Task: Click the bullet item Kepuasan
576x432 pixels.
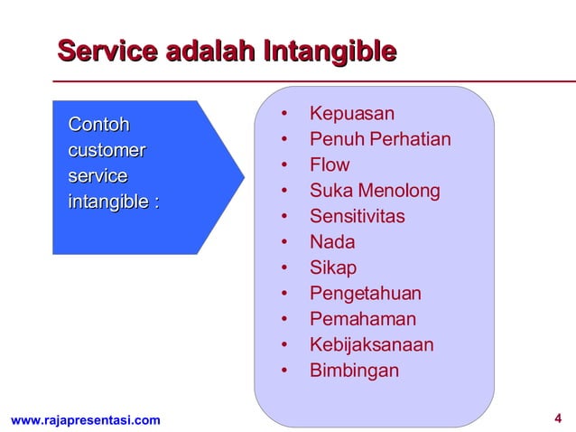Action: click(x=352, y=114)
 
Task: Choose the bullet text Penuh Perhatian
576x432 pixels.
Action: click(x=380, y=140)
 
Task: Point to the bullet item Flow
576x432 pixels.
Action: click(x=330, y=165)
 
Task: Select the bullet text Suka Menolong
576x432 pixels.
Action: click(x=375, y=191)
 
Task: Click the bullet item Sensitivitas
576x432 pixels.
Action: click(x=358, y=217)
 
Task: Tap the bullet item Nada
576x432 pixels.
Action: click(x=332, y=242)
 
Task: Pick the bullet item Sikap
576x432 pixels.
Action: click(x=333, y=268)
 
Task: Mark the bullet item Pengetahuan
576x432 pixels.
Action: click(x=366, y=294)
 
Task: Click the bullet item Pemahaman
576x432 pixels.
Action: click(x=363, y=319)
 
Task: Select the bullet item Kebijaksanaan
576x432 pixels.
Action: click(x=371, y=345)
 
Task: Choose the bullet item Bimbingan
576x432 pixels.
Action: click(x=354, y=371)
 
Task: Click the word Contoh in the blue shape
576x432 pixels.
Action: click(x=99, y=125)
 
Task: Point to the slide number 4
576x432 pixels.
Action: click(x=557, y=418)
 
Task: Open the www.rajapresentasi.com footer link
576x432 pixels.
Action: click(x=85, y=419)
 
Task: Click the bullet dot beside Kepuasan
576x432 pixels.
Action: click(x=284, y=115)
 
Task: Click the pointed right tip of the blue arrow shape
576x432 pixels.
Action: click(x=243, y=177)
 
